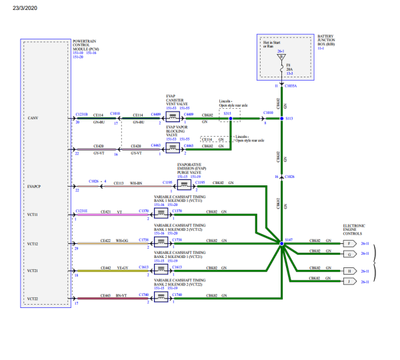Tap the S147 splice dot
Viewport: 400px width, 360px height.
[281, 245]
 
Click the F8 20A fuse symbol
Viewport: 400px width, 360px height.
[281, 67]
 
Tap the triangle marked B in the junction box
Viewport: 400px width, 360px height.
[281, 57]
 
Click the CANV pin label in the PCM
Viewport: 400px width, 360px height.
[32, 118]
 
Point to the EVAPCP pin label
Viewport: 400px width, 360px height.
[34, 186]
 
